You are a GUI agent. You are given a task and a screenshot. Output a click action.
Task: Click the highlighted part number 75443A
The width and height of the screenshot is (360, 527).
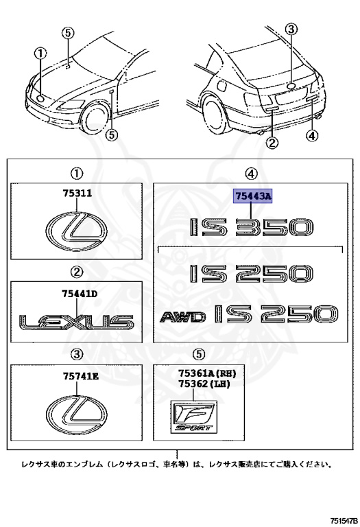252,196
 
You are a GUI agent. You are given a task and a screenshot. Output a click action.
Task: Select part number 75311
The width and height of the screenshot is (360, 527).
77,194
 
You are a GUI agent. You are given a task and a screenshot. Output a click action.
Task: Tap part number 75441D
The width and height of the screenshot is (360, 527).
80,294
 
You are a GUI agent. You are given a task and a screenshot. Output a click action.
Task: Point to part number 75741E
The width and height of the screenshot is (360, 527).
81,376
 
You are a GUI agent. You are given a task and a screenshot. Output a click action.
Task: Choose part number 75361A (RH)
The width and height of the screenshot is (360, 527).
207,373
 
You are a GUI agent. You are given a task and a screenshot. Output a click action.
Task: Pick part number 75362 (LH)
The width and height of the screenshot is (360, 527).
204,384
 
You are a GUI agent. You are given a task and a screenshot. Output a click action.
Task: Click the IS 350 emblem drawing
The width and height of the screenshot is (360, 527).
251,227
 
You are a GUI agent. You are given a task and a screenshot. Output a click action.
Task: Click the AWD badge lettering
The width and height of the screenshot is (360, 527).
182,317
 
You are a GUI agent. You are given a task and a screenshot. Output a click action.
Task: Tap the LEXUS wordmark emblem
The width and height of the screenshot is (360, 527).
76,322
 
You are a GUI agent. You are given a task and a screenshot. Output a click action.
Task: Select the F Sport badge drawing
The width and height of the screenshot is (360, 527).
194,417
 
